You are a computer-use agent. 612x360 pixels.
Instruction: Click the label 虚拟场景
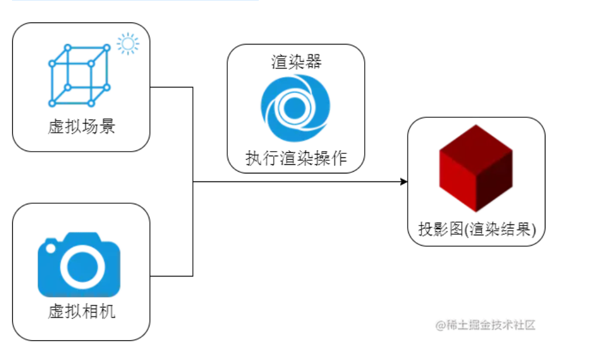click(81, 126)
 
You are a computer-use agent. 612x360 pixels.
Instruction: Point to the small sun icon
click(127, 44)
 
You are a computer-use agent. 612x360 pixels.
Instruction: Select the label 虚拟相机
click(81, 311)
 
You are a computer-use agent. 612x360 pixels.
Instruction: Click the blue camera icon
click(79, 264)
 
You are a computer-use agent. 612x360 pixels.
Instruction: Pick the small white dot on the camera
click(51, 248)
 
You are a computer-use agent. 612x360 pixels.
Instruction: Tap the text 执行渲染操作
click(296, 158)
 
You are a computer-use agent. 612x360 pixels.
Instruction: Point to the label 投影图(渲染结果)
click(476, 230)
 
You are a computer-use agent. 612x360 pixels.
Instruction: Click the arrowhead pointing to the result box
click(404, 182)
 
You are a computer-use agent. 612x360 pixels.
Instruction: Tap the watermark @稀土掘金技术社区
click(485, 325)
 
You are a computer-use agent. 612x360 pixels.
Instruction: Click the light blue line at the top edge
click(135, 1)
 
